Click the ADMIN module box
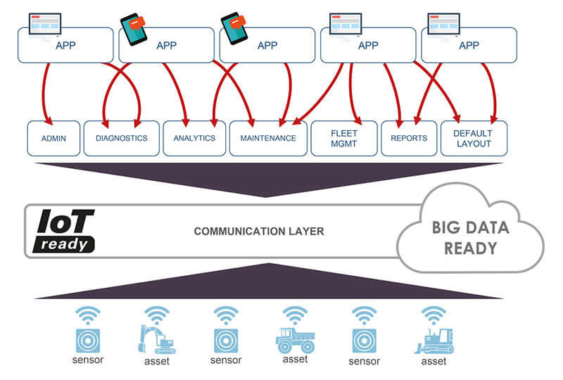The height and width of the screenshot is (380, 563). pos(53,139)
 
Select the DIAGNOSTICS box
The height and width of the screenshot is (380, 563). pos(121,139)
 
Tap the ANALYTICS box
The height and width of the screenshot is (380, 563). pos(194,139)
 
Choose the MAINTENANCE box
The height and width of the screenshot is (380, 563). pos(268,139)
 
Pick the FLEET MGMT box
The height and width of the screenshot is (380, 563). pos(344,139)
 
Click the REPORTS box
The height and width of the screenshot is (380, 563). pos(408,139)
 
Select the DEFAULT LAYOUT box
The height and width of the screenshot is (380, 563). pos(473,139)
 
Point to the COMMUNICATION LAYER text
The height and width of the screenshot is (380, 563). pos(258,231)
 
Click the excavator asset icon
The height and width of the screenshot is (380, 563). pos(156,339)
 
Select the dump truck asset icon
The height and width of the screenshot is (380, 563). pos(294,340)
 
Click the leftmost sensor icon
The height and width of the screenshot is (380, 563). pos(88,339)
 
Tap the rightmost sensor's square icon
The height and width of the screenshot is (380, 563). pos(365,339)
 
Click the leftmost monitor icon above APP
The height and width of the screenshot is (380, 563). pos(44,23)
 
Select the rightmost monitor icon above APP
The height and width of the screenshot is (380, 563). pos(444,23)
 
